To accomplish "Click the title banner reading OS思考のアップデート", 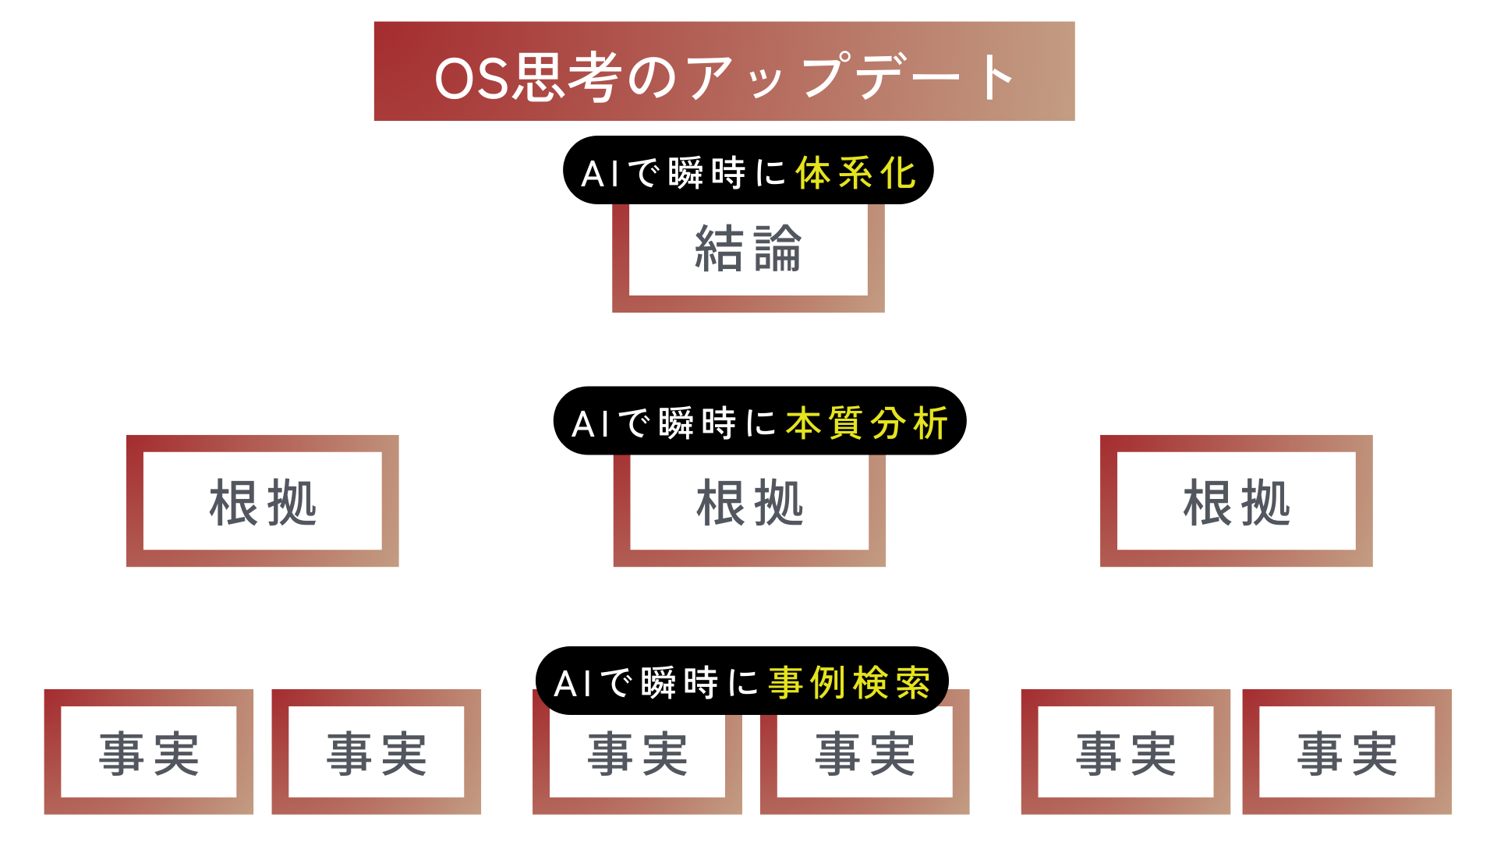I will coord(724,72).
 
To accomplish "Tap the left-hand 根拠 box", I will coord(262,501).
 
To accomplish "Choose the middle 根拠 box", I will coord(749,503).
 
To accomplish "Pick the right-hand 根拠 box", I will coord(1236,501).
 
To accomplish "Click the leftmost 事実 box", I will coord(149,752).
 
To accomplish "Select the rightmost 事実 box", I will coord(1347,752).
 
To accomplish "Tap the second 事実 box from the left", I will coord(376,752).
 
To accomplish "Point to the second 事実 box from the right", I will coord(1125,752).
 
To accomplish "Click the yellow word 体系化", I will coord(855,173).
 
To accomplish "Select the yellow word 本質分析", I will coord(866,423).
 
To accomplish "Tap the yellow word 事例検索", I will coord(849,683).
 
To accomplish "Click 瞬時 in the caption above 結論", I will coord(707,173).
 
